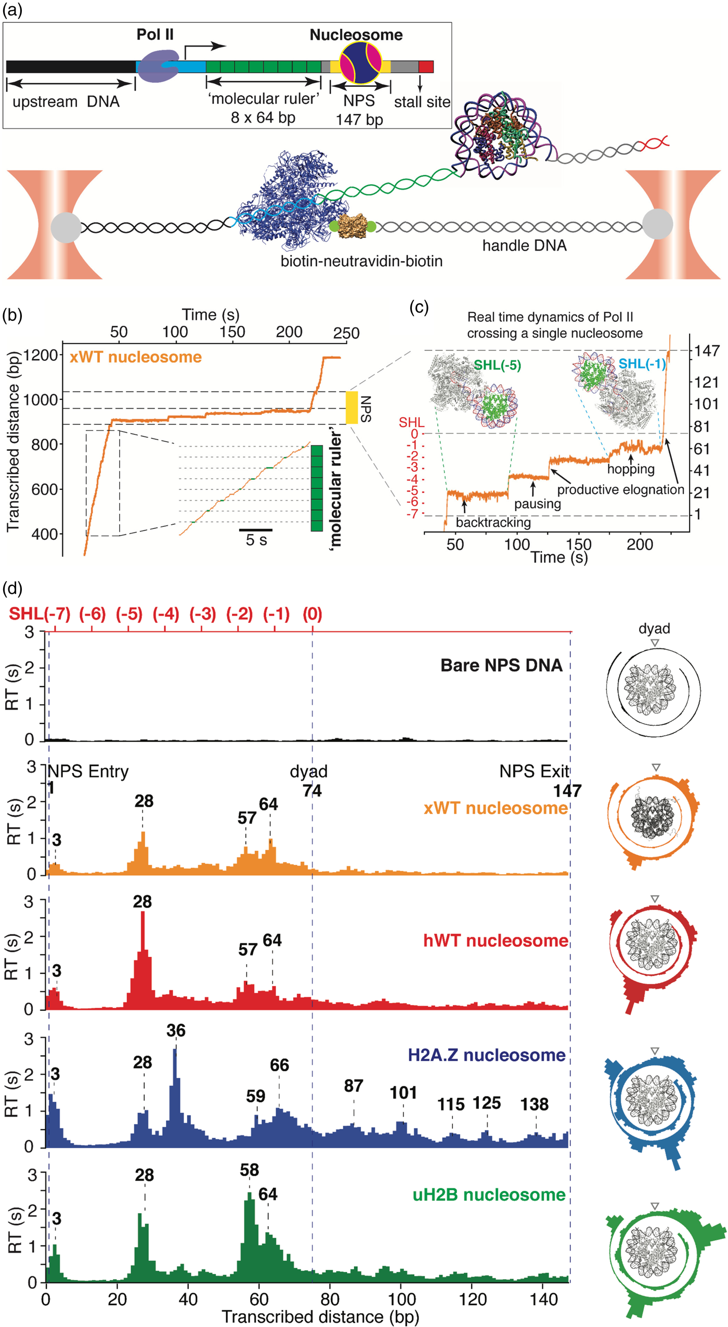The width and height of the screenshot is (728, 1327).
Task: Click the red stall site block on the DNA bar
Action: pyautogui.click(x=426, y=67)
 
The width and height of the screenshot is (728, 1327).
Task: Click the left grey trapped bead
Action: pyautogui.click(x=66, y=227)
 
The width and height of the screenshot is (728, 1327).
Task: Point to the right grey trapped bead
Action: pyautogui.click(x=657, y=224)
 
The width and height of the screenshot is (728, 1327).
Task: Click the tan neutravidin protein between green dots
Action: pyautogui.click(x=353, y=226)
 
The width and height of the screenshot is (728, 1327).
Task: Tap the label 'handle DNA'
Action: pyautogui.click(x=524, y=245)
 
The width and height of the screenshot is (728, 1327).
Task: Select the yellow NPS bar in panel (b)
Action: pyautogui.click(x=352, y=408)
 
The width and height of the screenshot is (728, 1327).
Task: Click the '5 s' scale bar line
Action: pyautogui.click(x=255, y=530)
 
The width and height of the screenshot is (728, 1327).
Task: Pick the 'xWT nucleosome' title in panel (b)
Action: pyautogui.click(x=136, y=357)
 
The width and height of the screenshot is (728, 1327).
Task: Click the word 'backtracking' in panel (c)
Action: pyautogui.click(x=493, y=522)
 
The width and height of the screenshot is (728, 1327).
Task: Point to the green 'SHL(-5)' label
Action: pyautogui.click(x=497, y=365)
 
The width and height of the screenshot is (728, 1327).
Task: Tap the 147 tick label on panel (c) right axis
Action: pyautogui.click(x=707, y=351)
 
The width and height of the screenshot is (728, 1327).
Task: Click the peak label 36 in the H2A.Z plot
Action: pyautogui.click(x=176, y=1030)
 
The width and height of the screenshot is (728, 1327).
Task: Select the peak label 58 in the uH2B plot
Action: pyautogui.click(x=249, y=1170)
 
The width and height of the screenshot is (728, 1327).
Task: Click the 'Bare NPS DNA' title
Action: pyautogui.click(x=501, y=666)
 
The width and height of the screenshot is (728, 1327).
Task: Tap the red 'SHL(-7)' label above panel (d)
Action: pyautogui.click(x=40, y=614)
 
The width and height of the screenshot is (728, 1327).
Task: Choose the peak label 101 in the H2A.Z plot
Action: pyautogui.click(x=404, y=1092)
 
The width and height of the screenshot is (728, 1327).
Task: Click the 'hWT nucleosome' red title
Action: pyautogui.click(x=496, y=940)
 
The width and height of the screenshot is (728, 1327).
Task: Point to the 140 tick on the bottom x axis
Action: pyautogui.click(x=543, y=1299)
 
